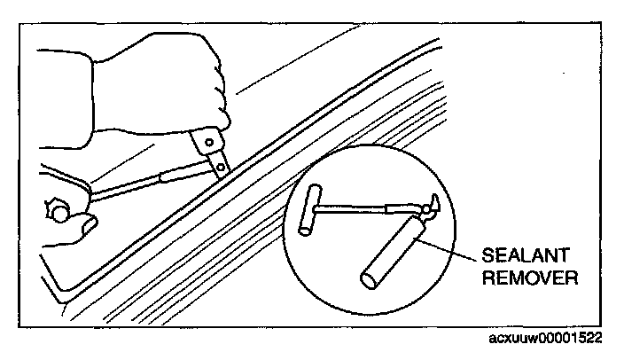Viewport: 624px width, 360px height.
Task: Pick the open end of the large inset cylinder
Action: [367, 279]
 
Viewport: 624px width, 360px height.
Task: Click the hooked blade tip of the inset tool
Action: [432, 205]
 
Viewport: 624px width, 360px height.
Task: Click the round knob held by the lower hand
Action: [58, 211]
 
